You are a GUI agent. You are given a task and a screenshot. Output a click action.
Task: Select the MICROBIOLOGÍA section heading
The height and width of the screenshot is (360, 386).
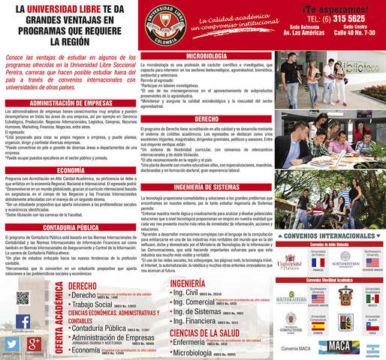coord(207,57)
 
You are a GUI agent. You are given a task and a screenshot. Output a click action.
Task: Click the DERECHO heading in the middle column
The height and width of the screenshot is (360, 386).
coord(207,119)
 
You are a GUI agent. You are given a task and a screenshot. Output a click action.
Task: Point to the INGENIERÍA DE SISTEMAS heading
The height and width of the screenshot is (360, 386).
coord(207,187)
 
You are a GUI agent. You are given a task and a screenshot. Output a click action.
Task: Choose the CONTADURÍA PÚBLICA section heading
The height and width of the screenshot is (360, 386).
coord(71,226)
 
